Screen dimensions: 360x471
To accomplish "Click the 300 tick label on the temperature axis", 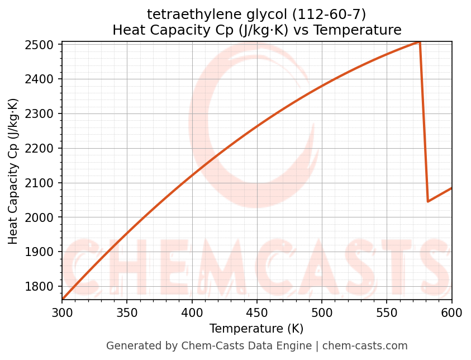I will (x=62, y=312).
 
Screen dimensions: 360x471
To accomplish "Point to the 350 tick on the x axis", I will (x=127, y=312).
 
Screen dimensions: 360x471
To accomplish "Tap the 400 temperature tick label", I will (x=192, y=312).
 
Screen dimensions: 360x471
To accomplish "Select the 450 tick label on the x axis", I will (x=256, y=312).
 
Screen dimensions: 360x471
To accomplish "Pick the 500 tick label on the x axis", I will (x=322, y=312).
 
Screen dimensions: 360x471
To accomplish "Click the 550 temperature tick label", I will (x=387, y=312).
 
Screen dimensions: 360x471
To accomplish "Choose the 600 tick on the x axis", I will (x=451, y=312).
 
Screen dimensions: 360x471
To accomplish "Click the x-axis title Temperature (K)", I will (x=256, y=329).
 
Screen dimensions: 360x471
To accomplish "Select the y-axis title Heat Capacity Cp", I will (x=13, y=171).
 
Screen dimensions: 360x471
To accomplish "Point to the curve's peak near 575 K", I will (x=419, y=42).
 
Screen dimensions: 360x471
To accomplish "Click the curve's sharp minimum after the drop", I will (x=428, y=201).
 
